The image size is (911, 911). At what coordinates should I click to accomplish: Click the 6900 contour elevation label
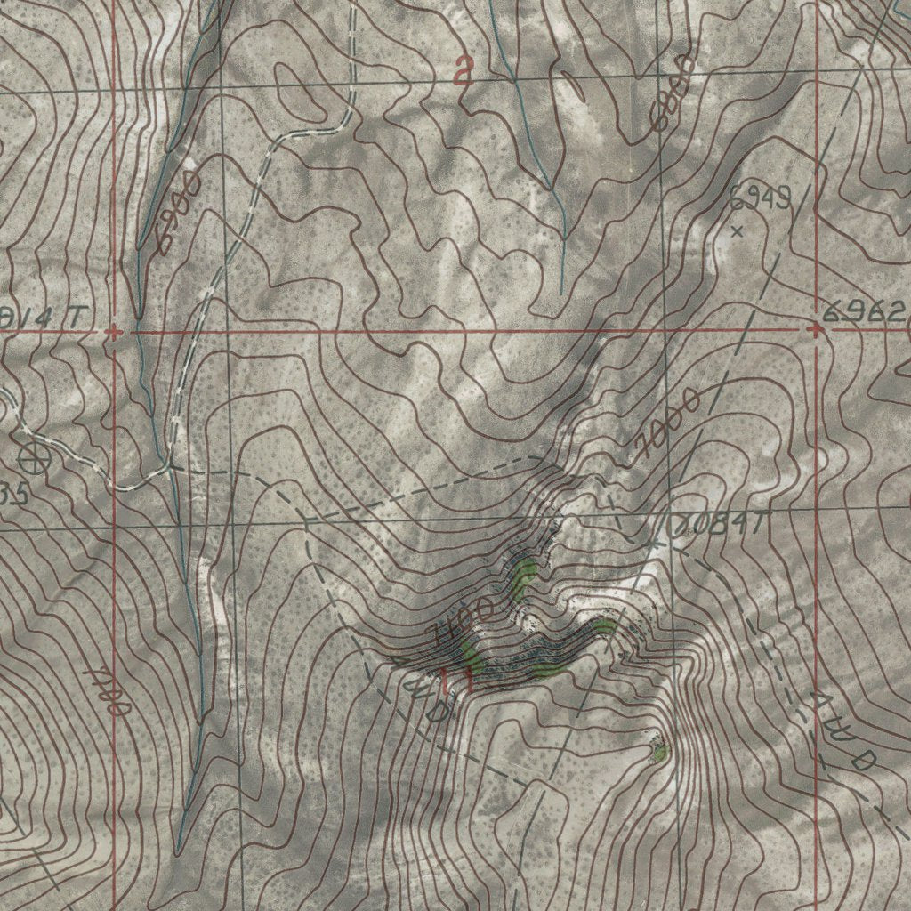pyautogui.click(x=175, y=213)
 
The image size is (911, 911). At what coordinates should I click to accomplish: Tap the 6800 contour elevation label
pyautogui.click(x=671, y=93)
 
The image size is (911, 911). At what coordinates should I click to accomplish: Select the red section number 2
pyautogui.click(x=462, y=71)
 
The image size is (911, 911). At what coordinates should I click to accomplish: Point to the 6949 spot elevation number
pyautogui.click(x=760, y=199)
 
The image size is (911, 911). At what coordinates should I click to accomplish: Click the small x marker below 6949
pyautogui.click(x=737, y=231)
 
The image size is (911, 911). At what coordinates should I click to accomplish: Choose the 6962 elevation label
pyautogui.click(x=863, y=311)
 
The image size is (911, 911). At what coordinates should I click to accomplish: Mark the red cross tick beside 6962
pyautogui.click(x=816, y=330)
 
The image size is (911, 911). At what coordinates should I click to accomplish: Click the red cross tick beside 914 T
pyautogui.click(x=113, y=332)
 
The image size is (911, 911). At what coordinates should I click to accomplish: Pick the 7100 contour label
pyautogui.click(x=462, y=620)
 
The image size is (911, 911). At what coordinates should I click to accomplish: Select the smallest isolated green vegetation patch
pyautogui.click(x=658, y=754)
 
